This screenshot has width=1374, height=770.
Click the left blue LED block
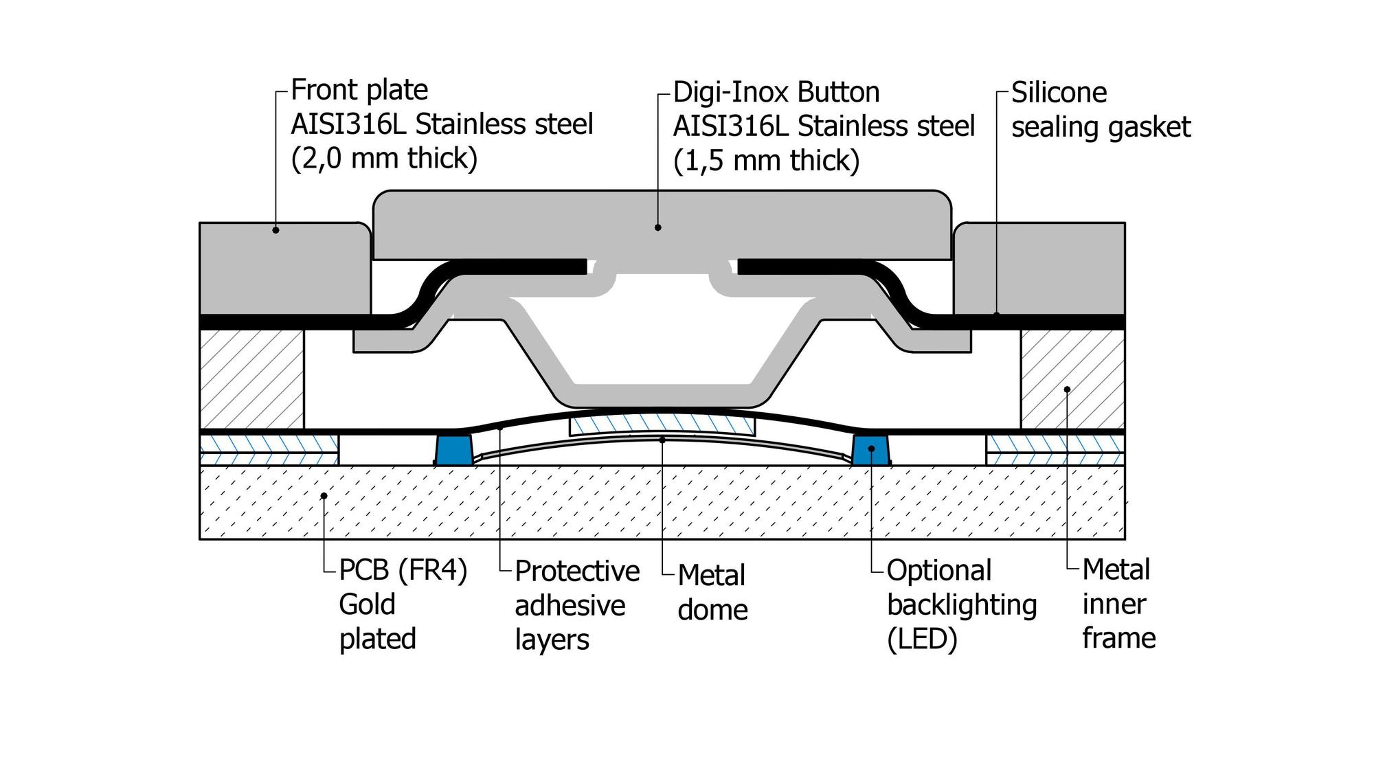(453, 449)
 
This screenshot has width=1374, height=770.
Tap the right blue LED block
(871, 449)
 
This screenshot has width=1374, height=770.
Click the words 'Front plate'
(359, 90)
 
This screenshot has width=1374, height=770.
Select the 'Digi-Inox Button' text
(776, 92)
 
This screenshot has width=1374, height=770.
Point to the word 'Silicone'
(1059, 92)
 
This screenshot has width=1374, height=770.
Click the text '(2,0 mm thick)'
(384, 158)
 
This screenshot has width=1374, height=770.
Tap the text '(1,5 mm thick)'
(766, 161)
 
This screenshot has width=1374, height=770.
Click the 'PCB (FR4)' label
(403, 570)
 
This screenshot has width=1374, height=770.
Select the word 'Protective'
(577, 571)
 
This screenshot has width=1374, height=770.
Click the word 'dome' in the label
(712, 609)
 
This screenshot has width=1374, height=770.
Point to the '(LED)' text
(922, 639)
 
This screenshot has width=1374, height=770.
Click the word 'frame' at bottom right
(1118, 638)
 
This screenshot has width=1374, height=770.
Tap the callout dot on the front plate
(275, 230)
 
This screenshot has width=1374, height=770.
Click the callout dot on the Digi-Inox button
(657, 227)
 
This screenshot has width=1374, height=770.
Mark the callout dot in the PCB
(324, 495)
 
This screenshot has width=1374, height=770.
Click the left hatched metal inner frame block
(252, 379)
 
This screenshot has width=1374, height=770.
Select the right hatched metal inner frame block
(1072, 379)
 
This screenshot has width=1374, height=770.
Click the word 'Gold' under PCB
(367, 604)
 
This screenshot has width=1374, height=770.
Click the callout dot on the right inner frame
(1067, 389)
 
